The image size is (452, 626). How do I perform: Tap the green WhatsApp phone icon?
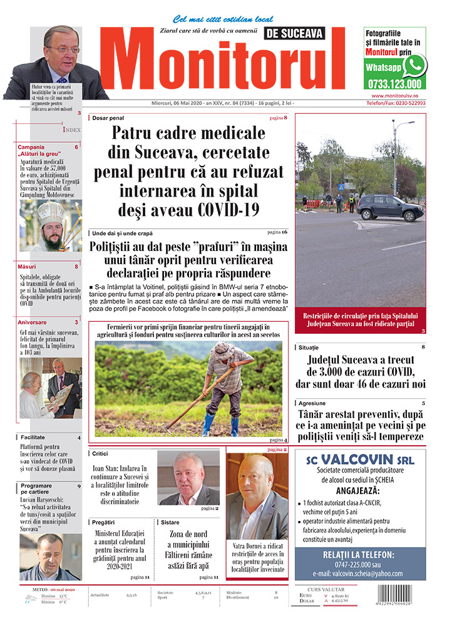pyautogui.click(x=414, y=66)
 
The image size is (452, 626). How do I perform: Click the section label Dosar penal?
pyautogui.click(x=108, y=118)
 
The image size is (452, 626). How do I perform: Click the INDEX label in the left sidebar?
pyautogui.click(x=71, y=130)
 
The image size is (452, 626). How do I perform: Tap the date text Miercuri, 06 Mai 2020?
pyautogui.click(x=182, y=103)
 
